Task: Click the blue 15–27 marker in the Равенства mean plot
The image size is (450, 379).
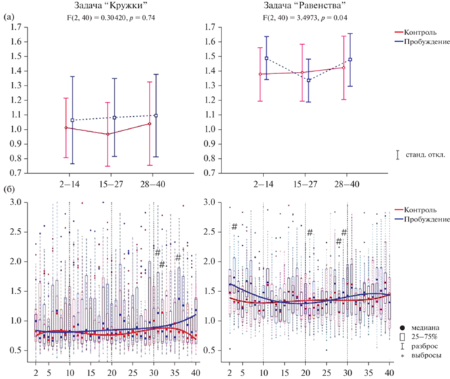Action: [308, 80]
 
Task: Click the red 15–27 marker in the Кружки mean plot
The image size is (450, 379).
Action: [108, 134]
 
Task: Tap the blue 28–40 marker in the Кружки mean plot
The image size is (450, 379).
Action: [156, 115]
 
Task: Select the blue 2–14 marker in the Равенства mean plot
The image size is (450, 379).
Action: [266, 58]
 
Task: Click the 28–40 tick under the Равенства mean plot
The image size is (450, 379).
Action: [347, 182]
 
